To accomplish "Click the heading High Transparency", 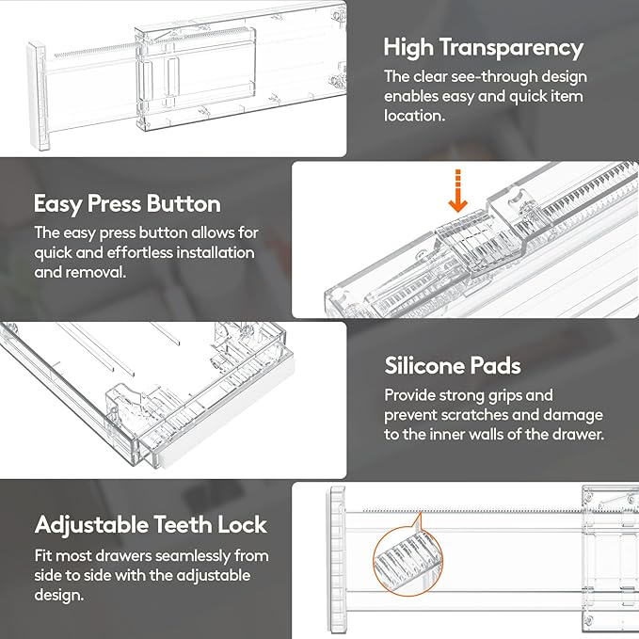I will tap(484, 47).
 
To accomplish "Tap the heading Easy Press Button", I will tap(127, 203).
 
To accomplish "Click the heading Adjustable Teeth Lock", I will tap(152, 524).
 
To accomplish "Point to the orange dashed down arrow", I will tap(458, 191).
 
